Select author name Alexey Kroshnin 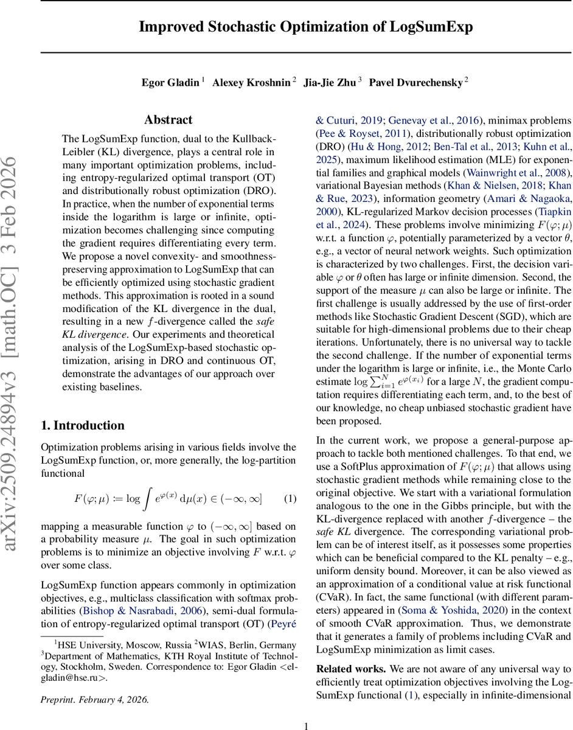(x=251, y=82)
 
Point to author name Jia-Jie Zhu (x=329, y=82)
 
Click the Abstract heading (x=168, y=120)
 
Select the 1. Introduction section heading (x=82, y=425)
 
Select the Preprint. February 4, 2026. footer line (x=94, y=699)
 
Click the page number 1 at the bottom (x=306, y=725)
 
